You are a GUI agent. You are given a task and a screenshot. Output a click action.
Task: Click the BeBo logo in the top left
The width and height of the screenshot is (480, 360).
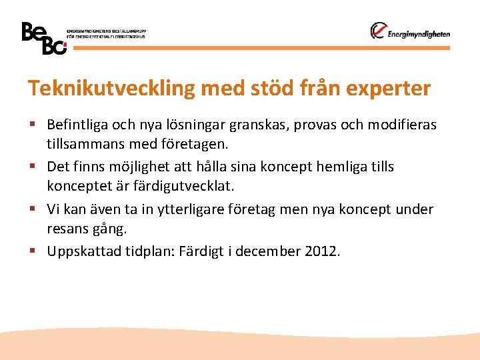[x=44, y=38]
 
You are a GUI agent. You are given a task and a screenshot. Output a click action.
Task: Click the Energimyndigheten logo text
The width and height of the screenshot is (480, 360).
[x=418, y=34]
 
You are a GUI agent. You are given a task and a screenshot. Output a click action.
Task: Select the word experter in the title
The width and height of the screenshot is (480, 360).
[x=390, y=89]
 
